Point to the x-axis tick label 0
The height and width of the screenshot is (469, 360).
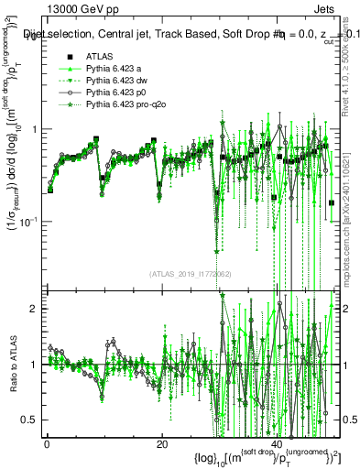point(47,444)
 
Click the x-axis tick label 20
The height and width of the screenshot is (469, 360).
point(161,444)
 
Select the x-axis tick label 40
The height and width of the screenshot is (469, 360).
point(277,444)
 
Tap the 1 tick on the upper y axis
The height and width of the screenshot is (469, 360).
point(34,129)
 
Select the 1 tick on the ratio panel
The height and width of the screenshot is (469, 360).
point(34,365)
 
